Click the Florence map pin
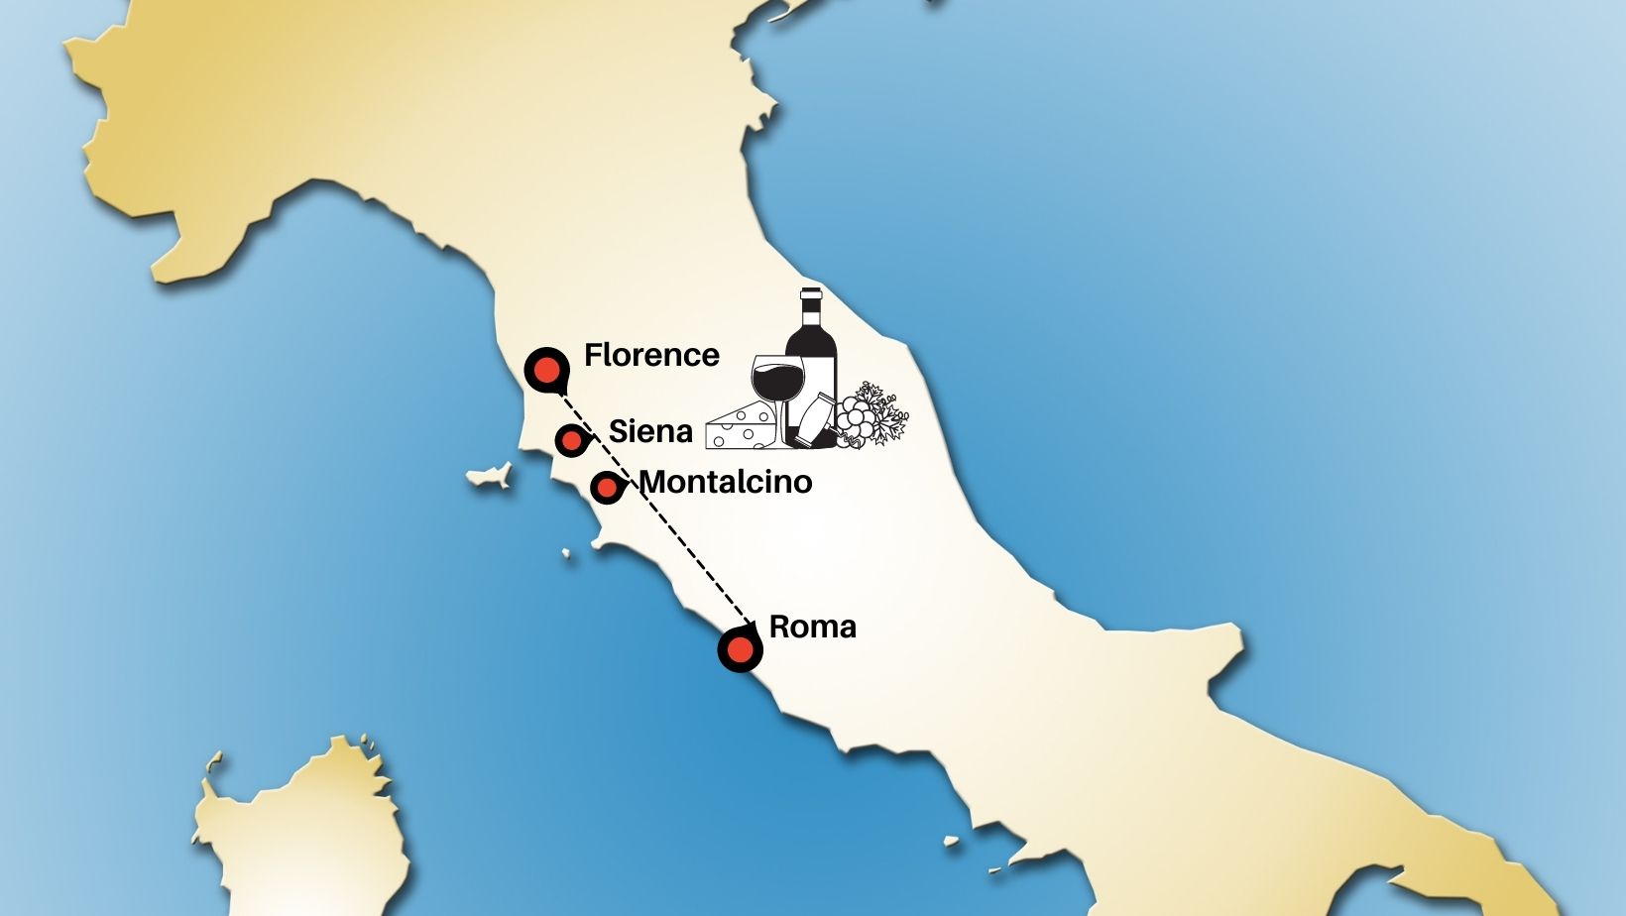(546, 370)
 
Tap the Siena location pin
(571, 439)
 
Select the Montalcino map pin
(606, 487)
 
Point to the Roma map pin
(740, 650)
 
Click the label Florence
(651, 355)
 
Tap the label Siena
(650, 431)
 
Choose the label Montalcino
(726, 482)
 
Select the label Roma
(812, 627)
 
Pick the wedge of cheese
(740, 427)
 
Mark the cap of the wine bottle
(811, 294)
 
